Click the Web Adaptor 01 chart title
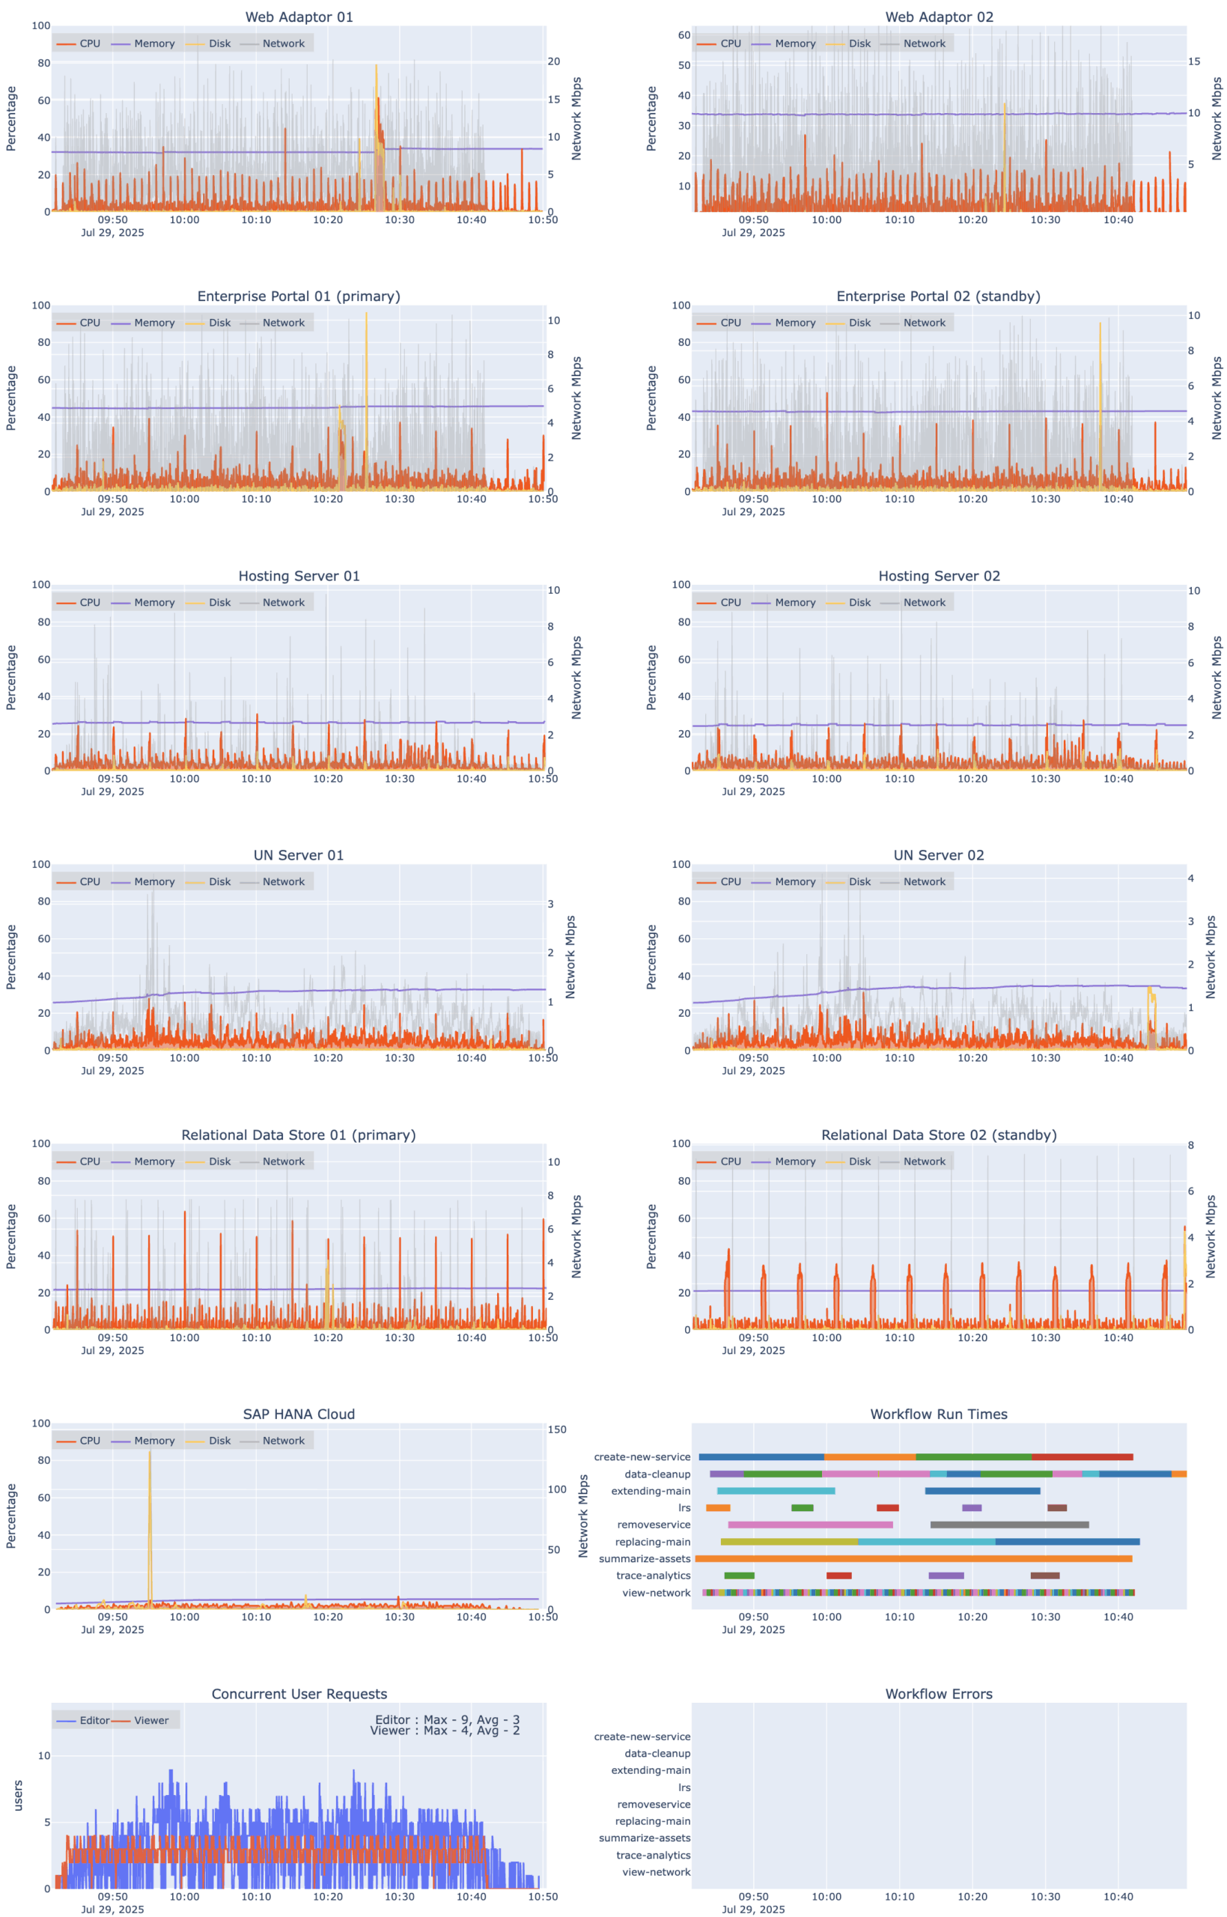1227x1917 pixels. (299, 16)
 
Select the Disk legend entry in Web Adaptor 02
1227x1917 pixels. (859, 44)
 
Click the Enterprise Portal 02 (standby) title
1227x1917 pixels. (938, 297)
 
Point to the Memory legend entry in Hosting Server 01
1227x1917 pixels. (153, 602)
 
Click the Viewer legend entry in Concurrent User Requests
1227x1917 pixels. (150, 1720)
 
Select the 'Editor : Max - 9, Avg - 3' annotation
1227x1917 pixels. (447, 1719)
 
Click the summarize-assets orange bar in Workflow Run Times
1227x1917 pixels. (913, 1558)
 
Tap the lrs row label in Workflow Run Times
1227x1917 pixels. (683, 1507)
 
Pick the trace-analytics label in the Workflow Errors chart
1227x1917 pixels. (653, 1855)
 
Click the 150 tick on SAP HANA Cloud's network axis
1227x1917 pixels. (556, 1430)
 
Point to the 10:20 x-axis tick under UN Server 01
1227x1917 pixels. (327, 1058)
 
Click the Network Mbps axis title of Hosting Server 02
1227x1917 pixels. (1216, 677)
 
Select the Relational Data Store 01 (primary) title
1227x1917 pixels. (299, 1134)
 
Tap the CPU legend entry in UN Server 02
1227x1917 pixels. (730, 882)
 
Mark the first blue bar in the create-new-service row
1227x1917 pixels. (761, 1457)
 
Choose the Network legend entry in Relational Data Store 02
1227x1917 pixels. (924, 1161)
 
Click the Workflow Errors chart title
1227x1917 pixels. (938, 1694)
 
